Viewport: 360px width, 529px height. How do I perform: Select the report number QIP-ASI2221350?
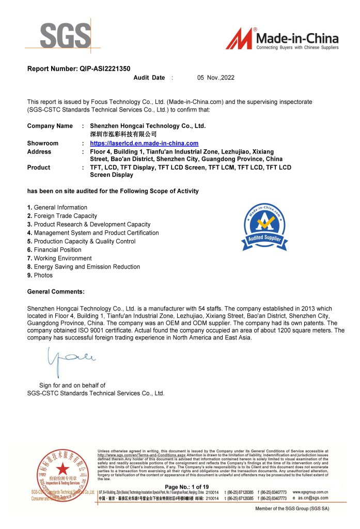pos(79,68)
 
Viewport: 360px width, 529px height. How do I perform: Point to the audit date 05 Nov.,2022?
pos(215,77)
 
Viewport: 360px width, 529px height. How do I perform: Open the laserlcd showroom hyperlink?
pos(144,143)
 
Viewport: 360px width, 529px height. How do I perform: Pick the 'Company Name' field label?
pos(50,126)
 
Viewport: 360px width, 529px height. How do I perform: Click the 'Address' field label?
pos(39,151)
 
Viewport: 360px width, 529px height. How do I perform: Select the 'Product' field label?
pos(38,167)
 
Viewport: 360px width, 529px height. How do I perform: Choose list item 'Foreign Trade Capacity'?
pos(65,216)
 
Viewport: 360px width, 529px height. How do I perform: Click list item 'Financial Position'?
pos(57,250)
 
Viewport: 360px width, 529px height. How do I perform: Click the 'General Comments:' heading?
pos(56,292)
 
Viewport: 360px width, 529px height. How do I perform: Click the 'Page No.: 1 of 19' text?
pos(186,487)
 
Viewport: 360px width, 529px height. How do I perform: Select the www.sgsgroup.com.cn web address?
pos(310,492)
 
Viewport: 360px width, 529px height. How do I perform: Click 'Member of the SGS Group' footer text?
pos(292,509)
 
